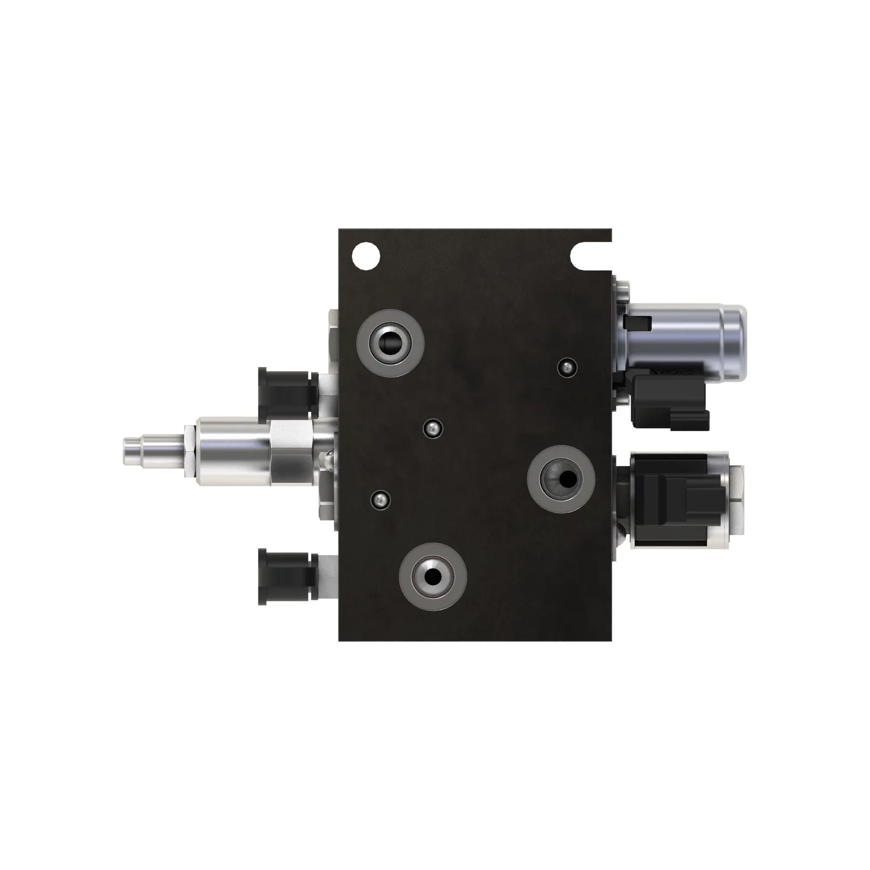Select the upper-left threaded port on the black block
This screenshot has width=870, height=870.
point(390,345)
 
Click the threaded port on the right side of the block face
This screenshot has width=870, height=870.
point(561,479)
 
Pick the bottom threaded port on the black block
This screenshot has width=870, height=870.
point(433,577)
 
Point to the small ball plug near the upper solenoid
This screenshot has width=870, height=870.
point(566,368)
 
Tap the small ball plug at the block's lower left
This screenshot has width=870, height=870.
point(380,499)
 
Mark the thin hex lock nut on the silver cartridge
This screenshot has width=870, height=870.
point(189,452)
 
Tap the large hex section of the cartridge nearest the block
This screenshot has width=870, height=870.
point(293,452)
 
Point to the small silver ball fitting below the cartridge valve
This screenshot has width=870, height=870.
point(328,459)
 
